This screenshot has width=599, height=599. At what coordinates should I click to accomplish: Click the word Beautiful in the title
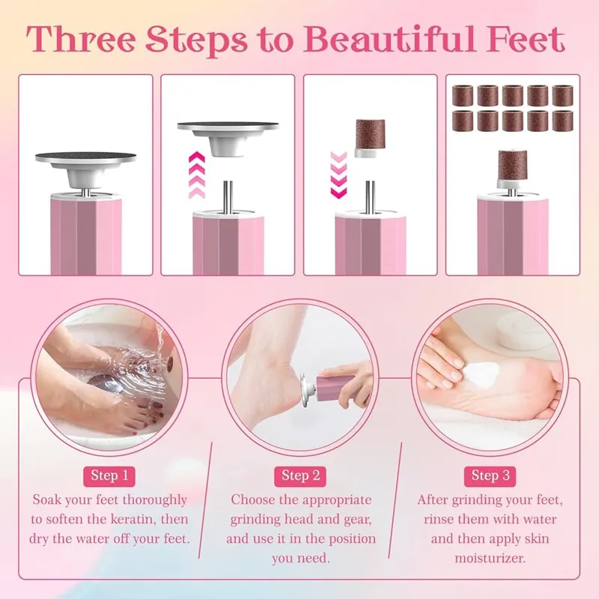click(x=394, y=40)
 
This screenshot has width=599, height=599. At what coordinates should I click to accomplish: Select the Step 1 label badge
click(x=109, y=476)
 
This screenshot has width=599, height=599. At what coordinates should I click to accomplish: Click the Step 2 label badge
click(x=300, y=476)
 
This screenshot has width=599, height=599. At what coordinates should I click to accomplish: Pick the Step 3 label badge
click(x=490, y=476)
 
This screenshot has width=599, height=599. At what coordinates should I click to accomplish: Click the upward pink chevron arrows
click(x=197, y=174)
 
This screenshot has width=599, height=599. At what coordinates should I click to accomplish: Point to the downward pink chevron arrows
click(x=338, y=174)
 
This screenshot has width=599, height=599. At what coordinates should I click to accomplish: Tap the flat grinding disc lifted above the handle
click(x=228, y=138)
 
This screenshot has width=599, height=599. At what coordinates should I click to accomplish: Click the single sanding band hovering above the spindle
click(x=370, y=138)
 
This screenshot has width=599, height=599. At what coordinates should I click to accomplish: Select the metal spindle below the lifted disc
click(x=228, y=197)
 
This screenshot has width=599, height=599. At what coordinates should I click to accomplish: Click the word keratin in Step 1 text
click(x=133, y=519)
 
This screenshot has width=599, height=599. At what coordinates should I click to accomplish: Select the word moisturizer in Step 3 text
click(x=490, y=558)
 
